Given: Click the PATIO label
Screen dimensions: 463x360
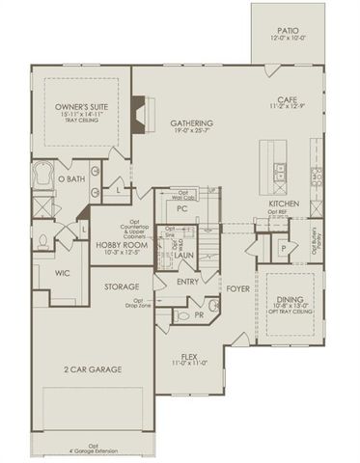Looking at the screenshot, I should click(x=285, y=32).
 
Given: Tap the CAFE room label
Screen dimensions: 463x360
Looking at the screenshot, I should click(x=285, y=99).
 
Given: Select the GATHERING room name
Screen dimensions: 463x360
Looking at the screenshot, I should click(x=191, y=124).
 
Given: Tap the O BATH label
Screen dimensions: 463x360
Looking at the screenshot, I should click(x=72, y=179).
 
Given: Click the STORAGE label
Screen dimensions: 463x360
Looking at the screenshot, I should click(x=123, y=286).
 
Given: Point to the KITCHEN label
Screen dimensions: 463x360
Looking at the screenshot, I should click(x=284, y=204).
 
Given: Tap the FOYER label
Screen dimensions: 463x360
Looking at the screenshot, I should click(x=237, y=287).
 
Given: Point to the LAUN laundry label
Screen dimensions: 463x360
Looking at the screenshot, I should click(x=185, y=257).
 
